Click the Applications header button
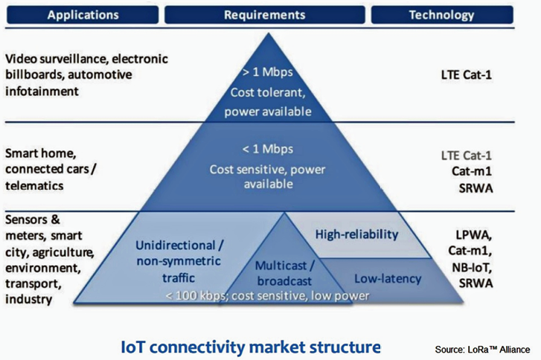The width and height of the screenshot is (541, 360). pos(83,15)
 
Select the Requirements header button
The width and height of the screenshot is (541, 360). pos(265,15)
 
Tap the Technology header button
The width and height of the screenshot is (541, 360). pos(442,15)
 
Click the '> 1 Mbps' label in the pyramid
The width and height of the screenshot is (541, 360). pos(267,72)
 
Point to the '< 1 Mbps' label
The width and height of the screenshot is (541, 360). pos(267,149)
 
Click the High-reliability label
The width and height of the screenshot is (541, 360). pos(356,234)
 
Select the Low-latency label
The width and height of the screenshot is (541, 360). pos(388,279)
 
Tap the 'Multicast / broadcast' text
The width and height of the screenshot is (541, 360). pos(285,274)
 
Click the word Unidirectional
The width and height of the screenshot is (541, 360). pos(176,245)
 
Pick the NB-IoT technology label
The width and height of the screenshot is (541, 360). pos(472,267)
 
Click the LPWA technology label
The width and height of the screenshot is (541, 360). pos(474,235)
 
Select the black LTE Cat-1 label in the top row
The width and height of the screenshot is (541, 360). pos(466,75)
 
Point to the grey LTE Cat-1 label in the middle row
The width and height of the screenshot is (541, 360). pos(466,155)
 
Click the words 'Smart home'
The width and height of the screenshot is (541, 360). pos(41,153)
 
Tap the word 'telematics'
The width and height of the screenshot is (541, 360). pos(34,186)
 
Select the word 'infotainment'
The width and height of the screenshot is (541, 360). pos(42,91)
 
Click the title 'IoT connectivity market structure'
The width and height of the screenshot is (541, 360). pos(251,347)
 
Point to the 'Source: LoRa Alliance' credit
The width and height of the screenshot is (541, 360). pos(482,350)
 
